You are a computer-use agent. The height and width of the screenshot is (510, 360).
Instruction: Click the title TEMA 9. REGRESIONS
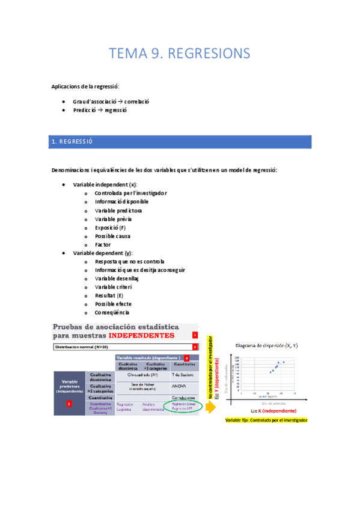coord(179,54)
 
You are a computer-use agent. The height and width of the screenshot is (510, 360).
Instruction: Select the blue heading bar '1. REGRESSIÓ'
coord(180,142)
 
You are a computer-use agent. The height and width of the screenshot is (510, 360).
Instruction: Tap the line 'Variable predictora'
coord(118,211)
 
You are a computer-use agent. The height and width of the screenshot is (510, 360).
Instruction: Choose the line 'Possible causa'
coord(112,236)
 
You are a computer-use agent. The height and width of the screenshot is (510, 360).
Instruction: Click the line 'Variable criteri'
coord(114,287)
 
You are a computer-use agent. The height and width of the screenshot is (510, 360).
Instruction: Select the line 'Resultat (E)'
coord(109,295)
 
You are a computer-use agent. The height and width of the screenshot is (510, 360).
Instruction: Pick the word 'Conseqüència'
coord(112,312)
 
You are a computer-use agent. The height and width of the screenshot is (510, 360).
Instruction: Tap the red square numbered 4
coord(187,358)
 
